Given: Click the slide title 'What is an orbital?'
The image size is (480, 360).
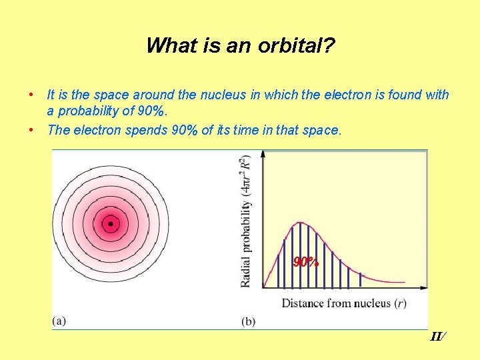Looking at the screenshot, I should [240, 45].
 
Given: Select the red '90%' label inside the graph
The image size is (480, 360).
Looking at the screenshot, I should [306, 262].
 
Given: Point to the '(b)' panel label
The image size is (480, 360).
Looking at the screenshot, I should [248, 321].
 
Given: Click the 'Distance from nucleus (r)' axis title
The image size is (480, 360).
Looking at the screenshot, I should [344, 303].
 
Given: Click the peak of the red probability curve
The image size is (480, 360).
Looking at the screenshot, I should [301, 223].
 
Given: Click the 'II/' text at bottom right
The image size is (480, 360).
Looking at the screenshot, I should [437, 337].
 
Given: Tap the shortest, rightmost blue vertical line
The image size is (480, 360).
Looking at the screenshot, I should [361, 280].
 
